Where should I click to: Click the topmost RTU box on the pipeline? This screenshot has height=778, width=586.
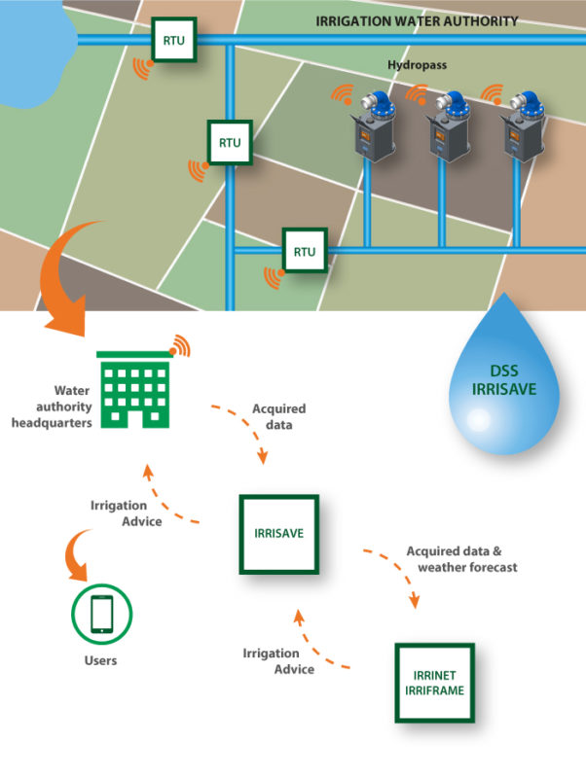(x=174, y=40)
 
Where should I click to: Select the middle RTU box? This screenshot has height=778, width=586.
(x=230, y=142)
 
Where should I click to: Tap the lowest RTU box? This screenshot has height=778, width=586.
(x=305, y=251)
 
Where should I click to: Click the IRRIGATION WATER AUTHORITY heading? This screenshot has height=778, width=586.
(x=417, y=21)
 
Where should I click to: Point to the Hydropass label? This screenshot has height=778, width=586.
(x=418, y=65)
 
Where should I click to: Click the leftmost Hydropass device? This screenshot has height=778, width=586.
(x=375, y=126)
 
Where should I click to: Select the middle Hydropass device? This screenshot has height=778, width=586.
(x=449, y=126)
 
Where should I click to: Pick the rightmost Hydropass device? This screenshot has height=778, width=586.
(x=524, y=126)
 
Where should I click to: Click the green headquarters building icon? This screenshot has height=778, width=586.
(x=134, y=390)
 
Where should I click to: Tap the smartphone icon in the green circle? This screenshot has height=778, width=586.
(x=102, y=614)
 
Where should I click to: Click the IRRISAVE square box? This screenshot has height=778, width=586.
(x=279, y=534)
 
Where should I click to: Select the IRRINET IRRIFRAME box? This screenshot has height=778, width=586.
(x=434, y=683)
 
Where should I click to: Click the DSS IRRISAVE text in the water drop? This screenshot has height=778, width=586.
(x=504, y=380)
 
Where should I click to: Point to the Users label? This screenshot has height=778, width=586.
(x=100, y=660)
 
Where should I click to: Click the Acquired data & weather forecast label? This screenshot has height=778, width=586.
(x=461, y=559)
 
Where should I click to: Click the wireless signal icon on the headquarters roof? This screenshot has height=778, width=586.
(x=180, y=346)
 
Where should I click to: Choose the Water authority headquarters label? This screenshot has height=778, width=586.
(x=53, y=407)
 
